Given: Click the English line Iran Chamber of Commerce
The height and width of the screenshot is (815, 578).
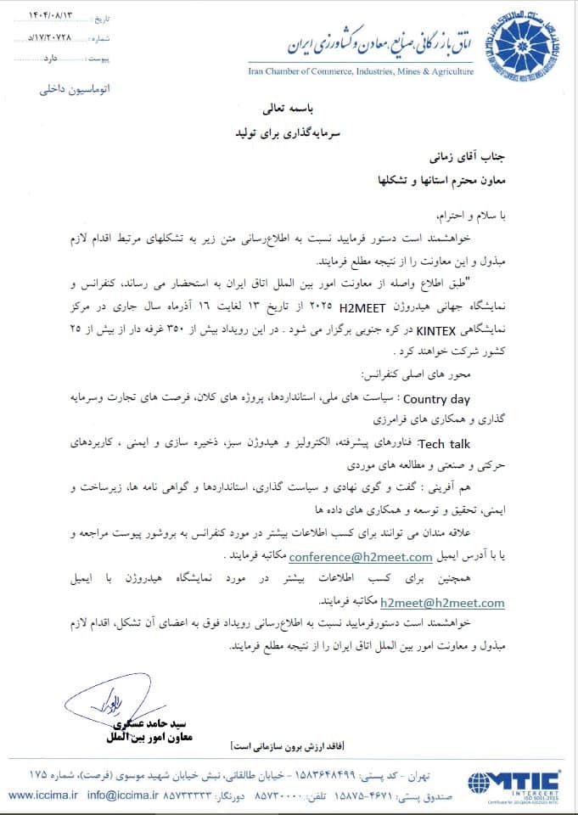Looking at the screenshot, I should (361, 73).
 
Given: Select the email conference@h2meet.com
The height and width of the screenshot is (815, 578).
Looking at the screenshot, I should (361, 557).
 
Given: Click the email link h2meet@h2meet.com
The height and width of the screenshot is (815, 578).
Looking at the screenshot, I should (442, 603).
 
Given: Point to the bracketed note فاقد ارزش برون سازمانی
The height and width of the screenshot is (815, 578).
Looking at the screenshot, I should (287, 745).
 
